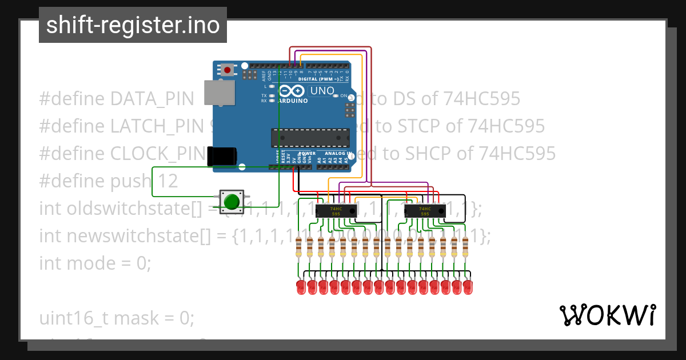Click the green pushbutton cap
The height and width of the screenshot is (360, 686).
tap(232, 202)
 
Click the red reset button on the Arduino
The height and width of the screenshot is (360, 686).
tap(228, 70)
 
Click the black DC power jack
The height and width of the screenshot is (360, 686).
tap(222, 156)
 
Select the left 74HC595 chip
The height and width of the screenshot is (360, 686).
tap(336, 211)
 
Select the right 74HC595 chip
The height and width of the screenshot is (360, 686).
tap(425, 211)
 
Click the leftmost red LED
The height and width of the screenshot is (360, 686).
tap(301, 287)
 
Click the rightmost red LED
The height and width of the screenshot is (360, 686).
tap(468, 287)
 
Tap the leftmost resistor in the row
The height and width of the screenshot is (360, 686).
tap(298, 247)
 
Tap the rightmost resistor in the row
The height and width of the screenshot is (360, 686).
tap(465, 247)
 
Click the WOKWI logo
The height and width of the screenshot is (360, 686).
tap(607, 315)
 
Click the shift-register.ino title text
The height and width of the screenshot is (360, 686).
tap(133, 25)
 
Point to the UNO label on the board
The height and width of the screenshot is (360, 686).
tap(322, 91)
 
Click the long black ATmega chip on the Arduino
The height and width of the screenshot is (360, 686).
tap(310, 138)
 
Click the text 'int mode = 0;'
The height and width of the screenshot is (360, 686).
tap(95, 263)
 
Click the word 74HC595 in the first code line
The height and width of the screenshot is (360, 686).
tap(481, 99)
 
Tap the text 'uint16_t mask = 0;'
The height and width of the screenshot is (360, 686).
tap(117, 318)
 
